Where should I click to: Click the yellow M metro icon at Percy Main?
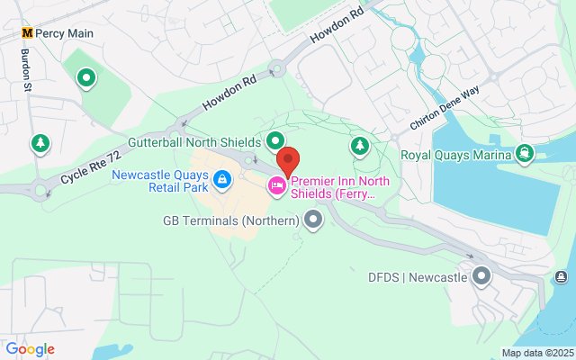tap(28, 32)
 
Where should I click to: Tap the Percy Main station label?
tap(64, 32)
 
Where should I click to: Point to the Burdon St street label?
tap(25, 68)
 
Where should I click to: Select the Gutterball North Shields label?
tap(193, 142)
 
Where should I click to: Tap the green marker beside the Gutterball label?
tap(275, 140)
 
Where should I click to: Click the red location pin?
tap(287, 162)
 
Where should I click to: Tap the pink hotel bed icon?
tap(277, 186)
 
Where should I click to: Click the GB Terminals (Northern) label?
tap(230, 220)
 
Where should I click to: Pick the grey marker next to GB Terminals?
tap(313, 219)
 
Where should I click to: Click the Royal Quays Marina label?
tap(456, 154)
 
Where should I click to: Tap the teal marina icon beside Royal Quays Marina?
tap(525, 154)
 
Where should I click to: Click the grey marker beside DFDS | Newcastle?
tap(481, 276)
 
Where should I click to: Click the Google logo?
tap(30, 349)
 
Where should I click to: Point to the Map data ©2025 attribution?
tap(536, 353)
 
